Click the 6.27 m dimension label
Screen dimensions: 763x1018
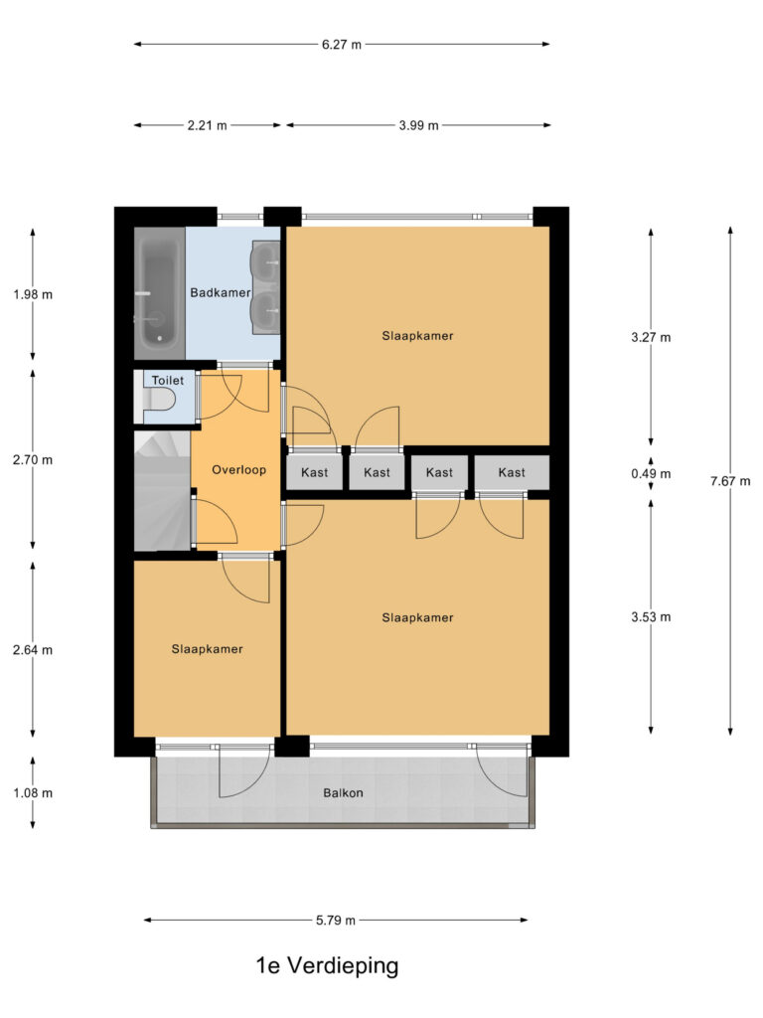click(342, 45)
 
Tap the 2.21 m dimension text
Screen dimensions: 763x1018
click(207, 125)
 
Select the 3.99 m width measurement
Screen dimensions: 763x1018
click(418, 125)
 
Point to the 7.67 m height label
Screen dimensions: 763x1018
click(730, 481)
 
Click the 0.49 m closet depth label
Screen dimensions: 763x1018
click(651, 474)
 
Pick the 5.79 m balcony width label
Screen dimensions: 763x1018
click(336, 920)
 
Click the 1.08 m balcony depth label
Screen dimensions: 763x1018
click(33, 792)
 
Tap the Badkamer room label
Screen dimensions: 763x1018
click(220, 293)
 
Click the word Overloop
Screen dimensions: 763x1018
click(238, 470)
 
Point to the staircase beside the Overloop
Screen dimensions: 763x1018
click(162, 491)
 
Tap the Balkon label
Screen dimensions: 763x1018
click(343, 792)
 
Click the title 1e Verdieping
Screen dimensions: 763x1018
click(327, 965)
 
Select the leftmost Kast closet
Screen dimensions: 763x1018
click(315, 472)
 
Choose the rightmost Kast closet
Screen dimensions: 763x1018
click(512, 472)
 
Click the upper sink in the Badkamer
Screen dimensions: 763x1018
click(265, 262)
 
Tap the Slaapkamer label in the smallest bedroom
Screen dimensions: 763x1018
click(207, 649)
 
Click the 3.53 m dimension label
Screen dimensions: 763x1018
click(651, 617)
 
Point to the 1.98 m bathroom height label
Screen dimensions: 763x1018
click(33, 294)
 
